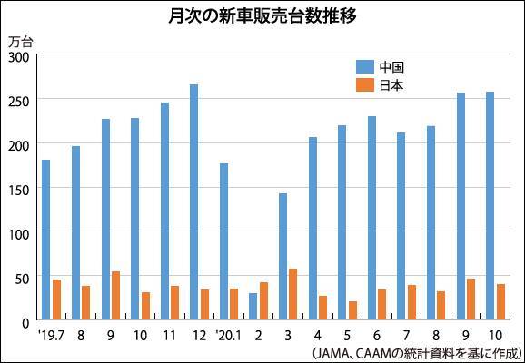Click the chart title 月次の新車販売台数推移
coord(262,16)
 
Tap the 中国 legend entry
coord(380,66)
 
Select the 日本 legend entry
coord(380,85)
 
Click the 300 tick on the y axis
coord(20,55)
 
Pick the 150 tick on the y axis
coord(20,189)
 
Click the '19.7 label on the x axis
coord(51,335)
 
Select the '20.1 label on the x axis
coord(228,335)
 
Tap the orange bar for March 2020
coord(292,294)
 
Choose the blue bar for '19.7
coord(46,240)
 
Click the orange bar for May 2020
coord(352,311)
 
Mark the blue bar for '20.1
coord(223,241)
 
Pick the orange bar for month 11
coord(174,303)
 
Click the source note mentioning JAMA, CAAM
coord(416,351)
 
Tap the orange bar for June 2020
coord(381,305)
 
